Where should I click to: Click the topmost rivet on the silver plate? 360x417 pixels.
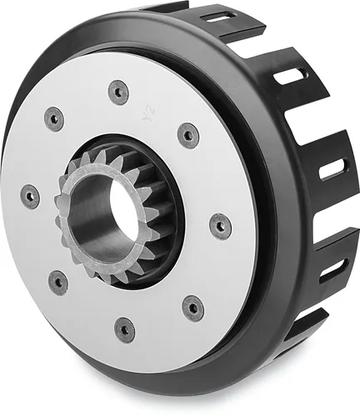point(118,92)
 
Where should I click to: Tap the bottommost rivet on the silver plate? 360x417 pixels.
point(124,329)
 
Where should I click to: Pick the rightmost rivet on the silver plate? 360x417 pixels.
point(220,226)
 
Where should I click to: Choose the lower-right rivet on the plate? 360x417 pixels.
point(192,307)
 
